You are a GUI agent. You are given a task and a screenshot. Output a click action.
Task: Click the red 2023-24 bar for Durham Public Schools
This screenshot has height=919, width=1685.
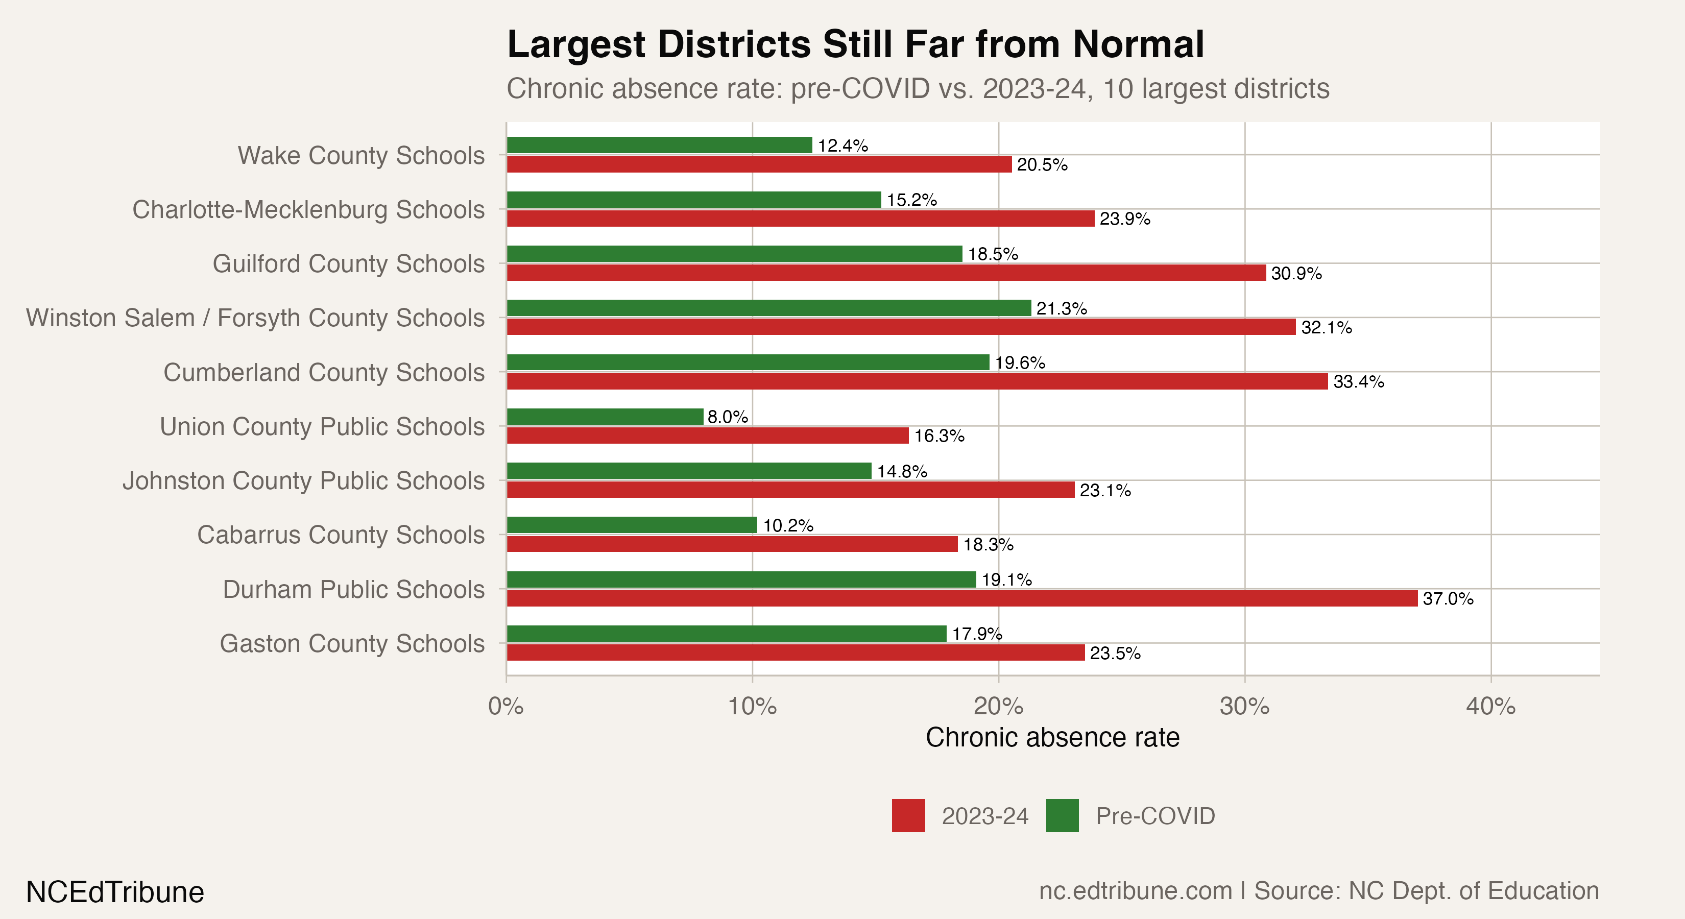click(x=961, y=598)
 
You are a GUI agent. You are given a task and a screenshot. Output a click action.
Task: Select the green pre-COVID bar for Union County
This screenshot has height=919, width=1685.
click(x=605, y=417)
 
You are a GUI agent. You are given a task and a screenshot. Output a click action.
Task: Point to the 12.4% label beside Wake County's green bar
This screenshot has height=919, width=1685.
click(x=842, y=145)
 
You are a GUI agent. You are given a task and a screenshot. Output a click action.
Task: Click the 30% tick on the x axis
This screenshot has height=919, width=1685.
click(x=1244, y=707)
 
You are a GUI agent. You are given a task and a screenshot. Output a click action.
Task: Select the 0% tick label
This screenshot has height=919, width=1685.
click(x=505, y=707)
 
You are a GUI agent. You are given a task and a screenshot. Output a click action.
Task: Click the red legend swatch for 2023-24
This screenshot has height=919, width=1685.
click(x=908, y=816)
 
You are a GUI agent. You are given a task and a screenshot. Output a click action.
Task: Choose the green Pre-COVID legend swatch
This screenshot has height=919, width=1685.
click(x=1062, y=816)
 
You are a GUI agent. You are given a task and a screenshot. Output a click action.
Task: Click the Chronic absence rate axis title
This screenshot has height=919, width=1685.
click(x=1052, y=737)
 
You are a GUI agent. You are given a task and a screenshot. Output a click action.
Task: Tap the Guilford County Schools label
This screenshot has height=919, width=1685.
click(x=348, y=263)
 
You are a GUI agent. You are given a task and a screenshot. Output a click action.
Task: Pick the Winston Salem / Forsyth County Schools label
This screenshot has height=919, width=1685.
click(x=255, y=318)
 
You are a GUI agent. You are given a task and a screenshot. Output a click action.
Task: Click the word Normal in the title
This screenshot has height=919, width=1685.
click(x=1138, y=44)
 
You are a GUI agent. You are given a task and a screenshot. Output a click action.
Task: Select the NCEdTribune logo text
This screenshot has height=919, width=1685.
click(x=115, y=891)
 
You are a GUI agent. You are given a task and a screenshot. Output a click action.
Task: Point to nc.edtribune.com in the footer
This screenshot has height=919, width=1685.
click(x=1135, y=891)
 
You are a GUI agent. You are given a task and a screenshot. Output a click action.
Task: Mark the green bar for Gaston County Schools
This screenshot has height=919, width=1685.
click(x=726, y=633)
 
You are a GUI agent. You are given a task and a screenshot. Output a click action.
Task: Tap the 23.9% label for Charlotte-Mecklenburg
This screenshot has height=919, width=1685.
click(x=1124, y=219)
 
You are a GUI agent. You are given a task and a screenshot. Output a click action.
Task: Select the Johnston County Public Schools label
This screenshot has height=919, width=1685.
click(x=303, y=481)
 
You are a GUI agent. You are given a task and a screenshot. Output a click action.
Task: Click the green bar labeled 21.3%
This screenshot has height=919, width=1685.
click(x=768, y=308)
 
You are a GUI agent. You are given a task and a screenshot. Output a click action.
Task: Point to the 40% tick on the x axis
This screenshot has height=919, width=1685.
click(x=1490, y=707)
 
